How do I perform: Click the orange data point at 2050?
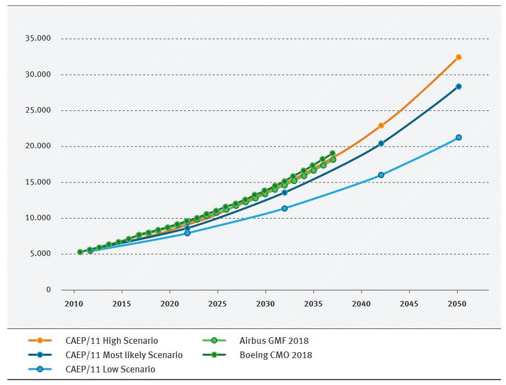[458, 57]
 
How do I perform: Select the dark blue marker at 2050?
[458, 87]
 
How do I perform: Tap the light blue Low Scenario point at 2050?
[458, 137]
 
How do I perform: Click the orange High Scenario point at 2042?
[381, 126]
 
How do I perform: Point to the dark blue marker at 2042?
[381, 144]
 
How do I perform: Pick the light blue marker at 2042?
[381, 175]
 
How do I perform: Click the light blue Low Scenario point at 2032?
[284, 208]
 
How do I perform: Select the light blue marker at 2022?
[187, 233]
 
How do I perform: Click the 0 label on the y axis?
[48, 289]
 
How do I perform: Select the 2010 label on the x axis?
[73, 304]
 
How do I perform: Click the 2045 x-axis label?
[409, 304]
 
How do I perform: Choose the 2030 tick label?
[265, 304]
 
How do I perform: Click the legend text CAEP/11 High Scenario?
[111, 341]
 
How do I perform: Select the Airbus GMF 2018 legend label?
[274, 341]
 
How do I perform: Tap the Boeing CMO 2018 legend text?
[276, 355]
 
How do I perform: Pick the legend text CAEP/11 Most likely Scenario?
[124, 355]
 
